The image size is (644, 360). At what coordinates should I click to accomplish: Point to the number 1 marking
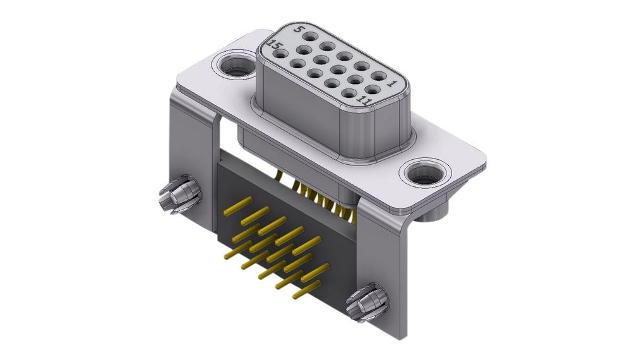pyautogui.click(x=392, y=83)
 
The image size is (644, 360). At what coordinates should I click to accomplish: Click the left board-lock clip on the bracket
pyautogui.click(x=177, y=196)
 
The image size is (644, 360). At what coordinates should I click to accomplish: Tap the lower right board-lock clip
pyautogui.click(x=369, y=303)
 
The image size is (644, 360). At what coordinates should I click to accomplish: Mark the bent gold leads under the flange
pyautogui.click(x=322, y=200)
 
